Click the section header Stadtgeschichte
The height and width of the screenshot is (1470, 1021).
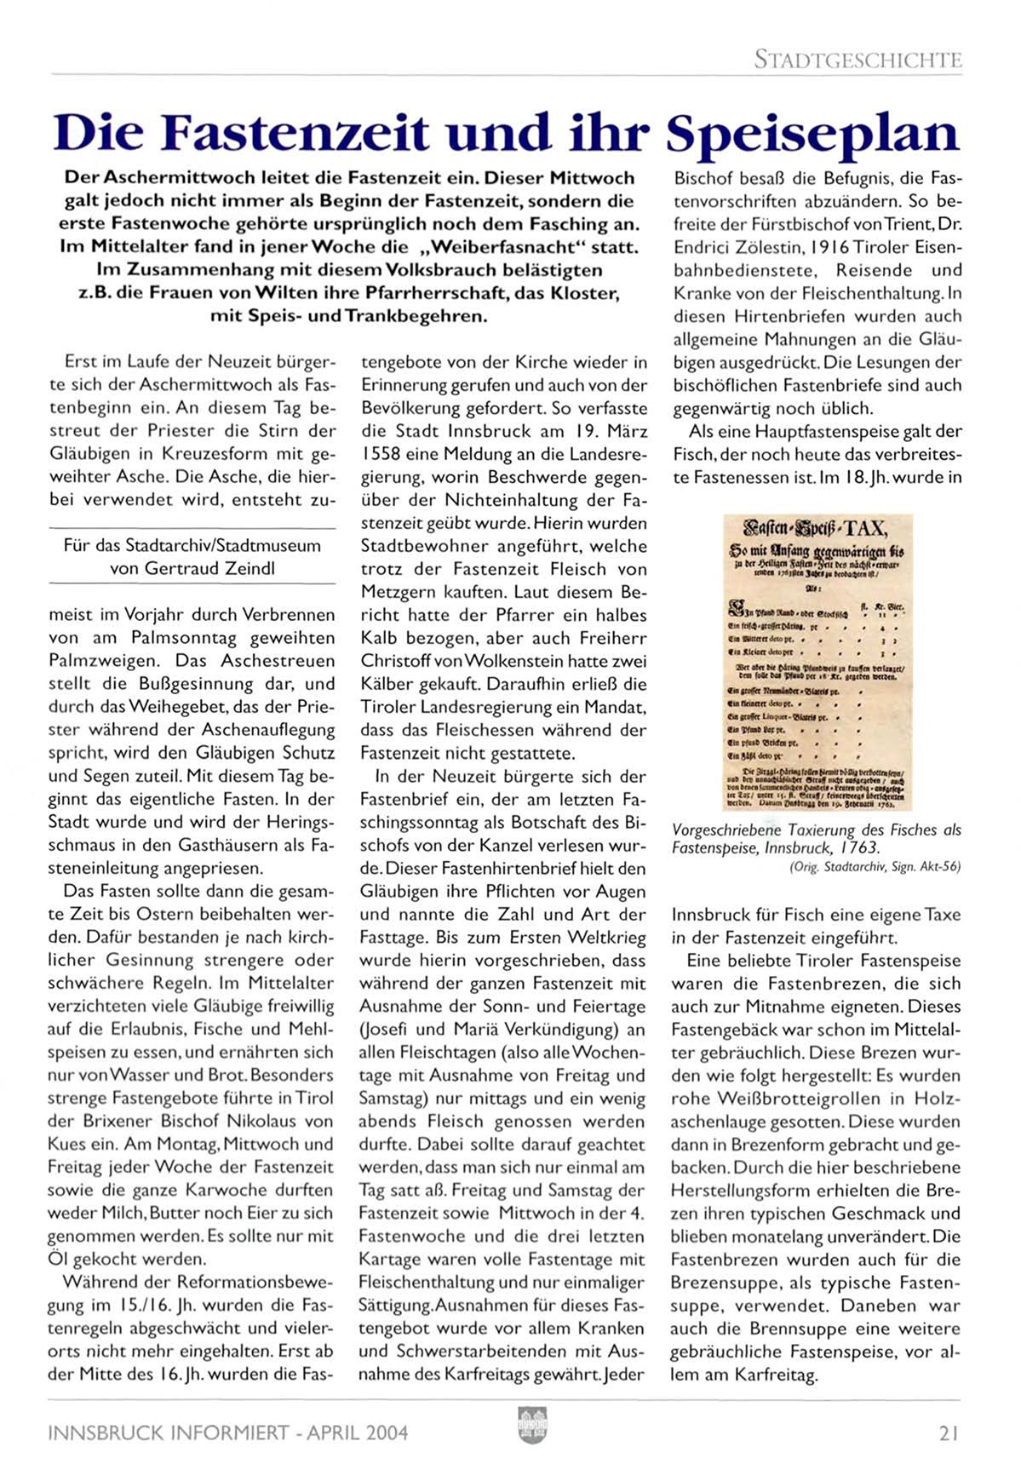point(858,60)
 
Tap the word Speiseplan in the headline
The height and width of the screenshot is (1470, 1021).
point(812,134)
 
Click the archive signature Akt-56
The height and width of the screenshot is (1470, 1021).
point(940,866)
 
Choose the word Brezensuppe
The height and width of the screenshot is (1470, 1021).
point(719,1283)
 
